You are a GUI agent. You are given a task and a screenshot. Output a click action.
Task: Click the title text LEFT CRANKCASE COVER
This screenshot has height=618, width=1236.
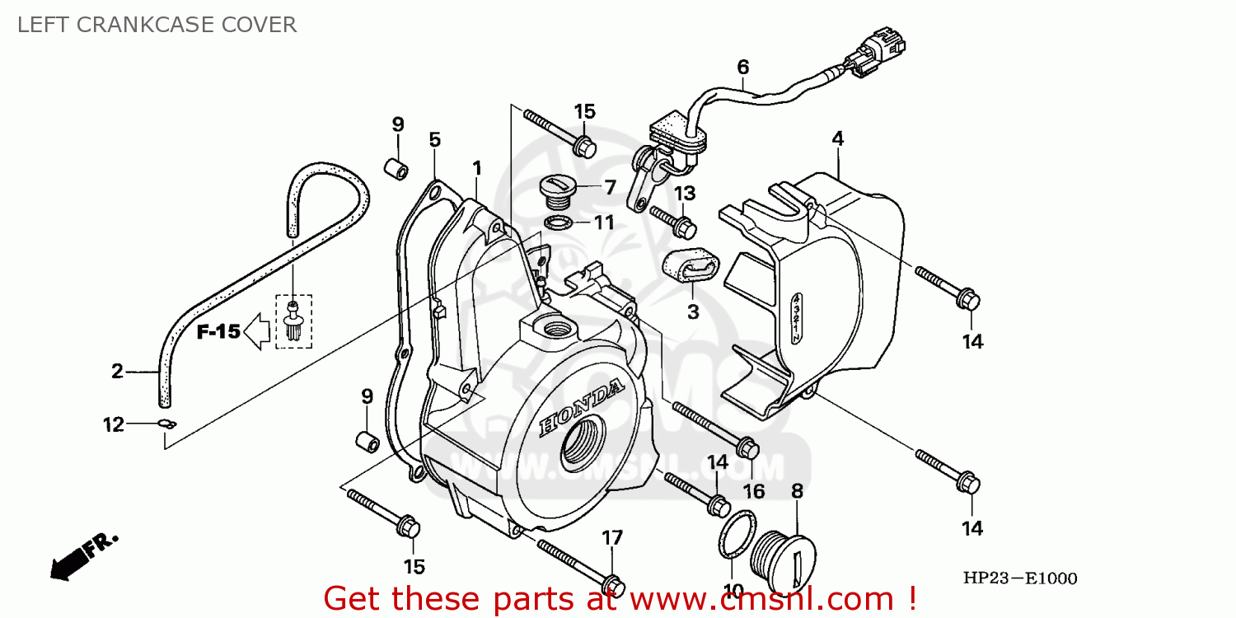(157, 25)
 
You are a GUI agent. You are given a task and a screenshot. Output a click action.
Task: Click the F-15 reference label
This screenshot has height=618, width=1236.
(218, 332)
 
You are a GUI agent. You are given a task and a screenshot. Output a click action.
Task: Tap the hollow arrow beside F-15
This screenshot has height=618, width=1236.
(259, 332)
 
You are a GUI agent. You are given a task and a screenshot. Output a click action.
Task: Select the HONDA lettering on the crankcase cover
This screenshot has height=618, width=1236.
(582, 407)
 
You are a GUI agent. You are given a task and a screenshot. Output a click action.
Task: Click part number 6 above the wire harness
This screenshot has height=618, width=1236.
(742, 67)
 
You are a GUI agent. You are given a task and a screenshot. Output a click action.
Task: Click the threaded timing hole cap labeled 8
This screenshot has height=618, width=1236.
(786, 557)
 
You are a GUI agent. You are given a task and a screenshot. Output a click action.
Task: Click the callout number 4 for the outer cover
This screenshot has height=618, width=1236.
(837, 139)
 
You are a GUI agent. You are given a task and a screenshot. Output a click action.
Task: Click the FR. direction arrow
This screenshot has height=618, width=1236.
(82, 556)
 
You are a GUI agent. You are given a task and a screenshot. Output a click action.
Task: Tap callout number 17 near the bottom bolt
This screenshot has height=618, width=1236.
(611, 538)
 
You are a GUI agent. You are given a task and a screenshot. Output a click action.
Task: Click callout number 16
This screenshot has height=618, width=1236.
(753, 492)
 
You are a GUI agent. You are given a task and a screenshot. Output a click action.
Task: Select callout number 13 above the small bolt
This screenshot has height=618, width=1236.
(685, 194)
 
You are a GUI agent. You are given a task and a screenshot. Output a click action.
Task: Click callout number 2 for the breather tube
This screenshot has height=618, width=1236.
(117, 372)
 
